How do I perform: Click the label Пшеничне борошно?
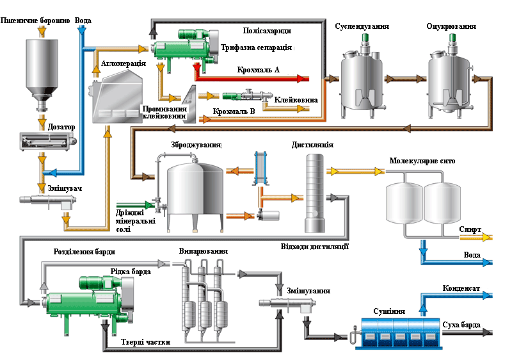pos(35,21)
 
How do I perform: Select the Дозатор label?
pos(61,127)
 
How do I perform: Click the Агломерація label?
pos(124,63)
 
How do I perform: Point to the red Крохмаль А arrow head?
pos(303,78)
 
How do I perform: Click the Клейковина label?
pos(296,100)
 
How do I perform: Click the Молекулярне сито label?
pos(422,160)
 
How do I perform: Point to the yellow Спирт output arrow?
pos(486,238)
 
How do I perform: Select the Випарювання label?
pos(203,250)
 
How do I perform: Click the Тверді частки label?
pos(146,341)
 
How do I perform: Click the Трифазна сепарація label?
pos(257,48)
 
